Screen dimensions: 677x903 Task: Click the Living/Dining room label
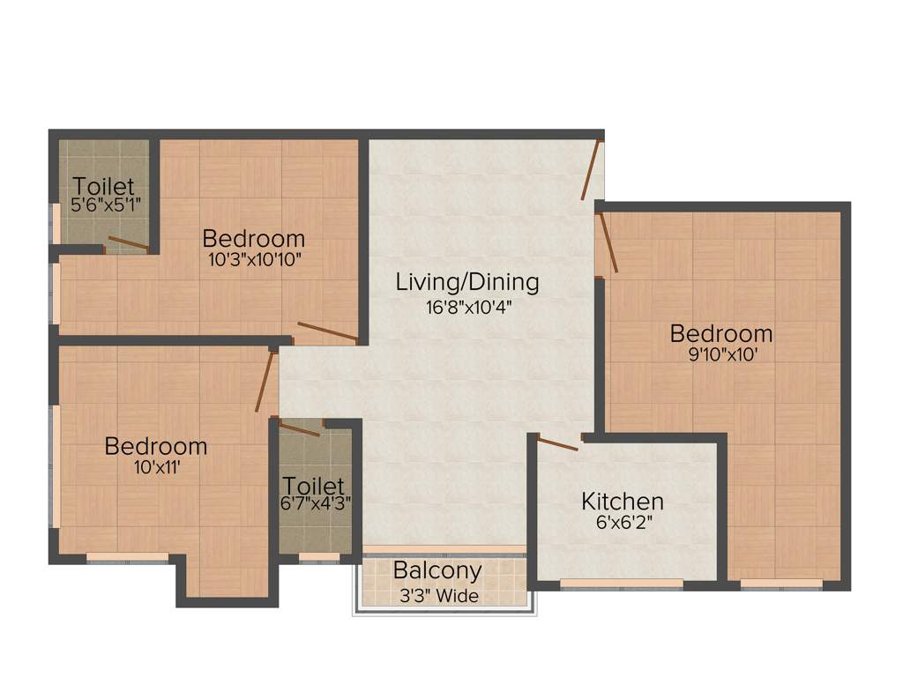click(466, 283)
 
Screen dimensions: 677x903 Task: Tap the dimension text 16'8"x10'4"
click(466, 308)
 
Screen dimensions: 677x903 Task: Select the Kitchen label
click(622, 502)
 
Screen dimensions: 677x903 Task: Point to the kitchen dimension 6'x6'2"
click(622, 523)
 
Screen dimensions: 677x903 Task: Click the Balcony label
click(437, 570)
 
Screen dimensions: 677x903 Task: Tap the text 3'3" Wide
click(437, 597)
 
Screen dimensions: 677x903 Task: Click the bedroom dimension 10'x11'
click(156, 468)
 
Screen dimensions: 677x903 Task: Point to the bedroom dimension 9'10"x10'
click(720, 356)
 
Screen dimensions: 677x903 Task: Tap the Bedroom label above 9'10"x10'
click(720, 334)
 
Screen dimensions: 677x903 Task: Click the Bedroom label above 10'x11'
click(156, 446)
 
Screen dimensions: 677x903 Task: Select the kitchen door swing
click(557, 443)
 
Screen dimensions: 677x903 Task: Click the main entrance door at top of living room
click(592, 169)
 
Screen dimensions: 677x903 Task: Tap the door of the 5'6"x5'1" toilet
click(128, 243)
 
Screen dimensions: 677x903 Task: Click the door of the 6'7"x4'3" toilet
click(300, 429)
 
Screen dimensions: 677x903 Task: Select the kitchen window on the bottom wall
click(621, 584)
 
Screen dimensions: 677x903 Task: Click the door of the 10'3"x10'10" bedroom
click(328, 332)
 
